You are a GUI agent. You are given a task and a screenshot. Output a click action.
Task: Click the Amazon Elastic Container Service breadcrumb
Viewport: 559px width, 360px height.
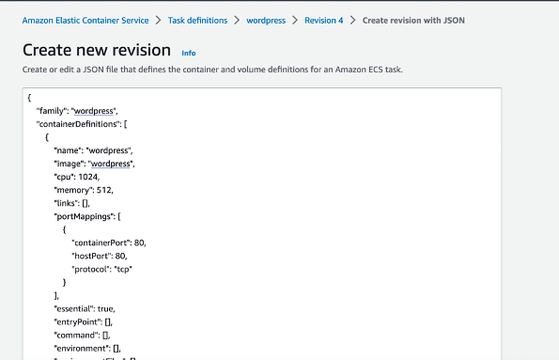[x=85, y=20]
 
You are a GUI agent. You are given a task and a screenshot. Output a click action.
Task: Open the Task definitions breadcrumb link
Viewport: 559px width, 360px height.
[x=199, y=20]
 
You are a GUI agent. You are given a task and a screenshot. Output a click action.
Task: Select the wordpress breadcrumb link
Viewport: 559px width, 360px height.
[x=267, y=20]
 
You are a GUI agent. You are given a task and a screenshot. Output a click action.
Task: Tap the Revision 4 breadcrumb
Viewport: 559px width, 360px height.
[x=323, y=20]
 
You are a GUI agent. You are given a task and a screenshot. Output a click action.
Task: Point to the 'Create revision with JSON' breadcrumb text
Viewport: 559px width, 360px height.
[x=413, y=20]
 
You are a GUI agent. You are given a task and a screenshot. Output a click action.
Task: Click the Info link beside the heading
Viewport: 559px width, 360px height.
[x=189, y=53]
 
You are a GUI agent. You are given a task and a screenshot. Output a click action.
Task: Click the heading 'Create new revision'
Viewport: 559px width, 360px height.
[x=96, y=50]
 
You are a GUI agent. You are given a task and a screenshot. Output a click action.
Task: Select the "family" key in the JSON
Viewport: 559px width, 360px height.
[x=52, y=111]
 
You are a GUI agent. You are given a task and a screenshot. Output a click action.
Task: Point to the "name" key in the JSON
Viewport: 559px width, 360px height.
[x=68, y=149]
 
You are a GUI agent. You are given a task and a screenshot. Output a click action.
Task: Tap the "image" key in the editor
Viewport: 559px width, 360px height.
[x=70, y=163]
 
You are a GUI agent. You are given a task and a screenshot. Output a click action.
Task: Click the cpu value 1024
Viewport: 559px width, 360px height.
[x=89, y=176]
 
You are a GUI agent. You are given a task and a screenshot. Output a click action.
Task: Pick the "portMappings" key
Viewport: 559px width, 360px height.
[x=83, y=215]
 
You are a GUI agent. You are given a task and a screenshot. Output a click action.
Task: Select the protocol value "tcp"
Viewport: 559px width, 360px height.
[x=123, y=268]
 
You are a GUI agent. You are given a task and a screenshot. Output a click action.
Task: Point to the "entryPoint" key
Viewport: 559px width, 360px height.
[x=77, y=321]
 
